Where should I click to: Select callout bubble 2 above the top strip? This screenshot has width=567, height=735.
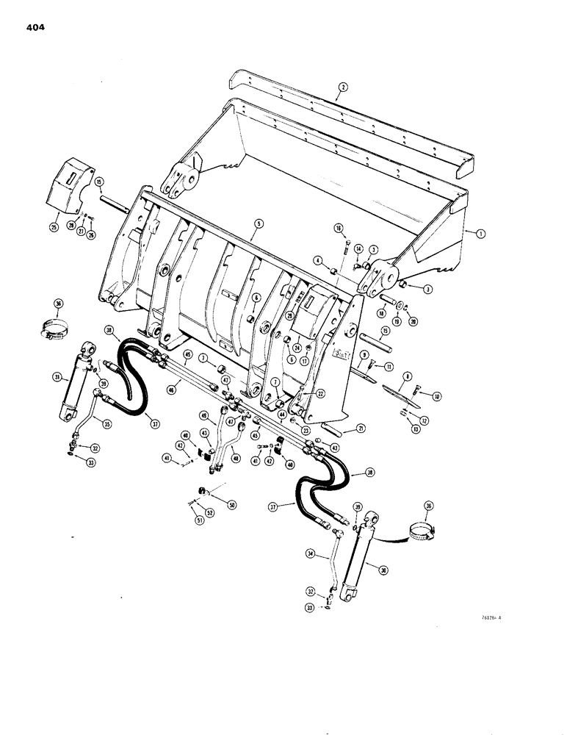point(341,87)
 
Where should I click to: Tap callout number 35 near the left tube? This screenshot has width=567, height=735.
point(106,424)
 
